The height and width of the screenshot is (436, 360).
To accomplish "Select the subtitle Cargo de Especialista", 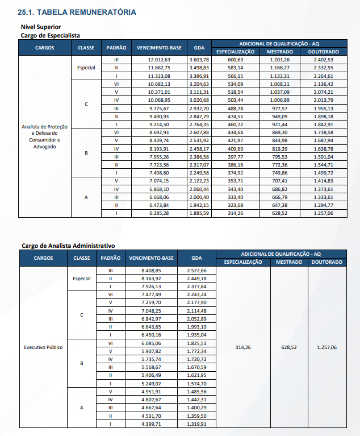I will coord(50,35).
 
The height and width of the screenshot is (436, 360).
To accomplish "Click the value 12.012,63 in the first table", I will coord(159,59).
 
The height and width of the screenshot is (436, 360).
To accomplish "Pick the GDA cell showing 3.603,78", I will coord(199,59).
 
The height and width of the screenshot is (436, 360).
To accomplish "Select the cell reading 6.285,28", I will coord(159,213).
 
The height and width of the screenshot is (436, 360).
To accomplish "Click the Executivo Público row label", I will coord(43,347).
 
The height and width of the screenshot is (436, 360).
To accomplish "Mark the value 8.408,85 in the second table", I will coord(152,271).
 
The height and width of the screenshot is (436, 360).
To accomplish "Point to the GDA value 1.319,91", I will coord(196,424).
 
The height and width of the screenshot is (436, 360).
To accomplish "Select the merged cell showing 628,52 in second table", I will coord(289,347).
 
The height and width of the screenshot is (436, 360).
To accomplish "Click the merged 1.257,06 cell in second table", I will coord(326,347).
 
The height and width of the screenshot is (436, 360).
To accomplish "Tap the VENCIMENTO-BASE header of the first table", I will coord(159,47).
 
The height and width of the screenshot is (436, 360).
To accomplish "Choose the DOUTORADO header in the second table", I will coord(326,262).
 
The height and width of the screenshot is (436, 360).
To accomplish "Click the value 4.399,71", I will coord(152,424).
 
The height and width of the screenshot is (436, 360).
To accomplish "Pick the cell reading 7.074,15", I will coord(159,180).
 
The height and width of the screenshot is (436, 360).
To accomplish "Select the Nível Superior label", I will coord(40,27).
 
